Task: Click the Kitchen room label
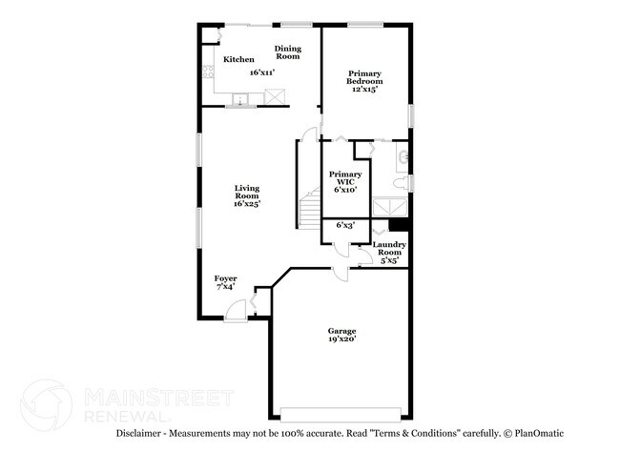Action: tap(238, 59)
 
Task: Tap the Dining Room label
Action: tap(288, 52)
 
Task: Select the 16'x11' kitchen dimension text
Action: tap(262, 72)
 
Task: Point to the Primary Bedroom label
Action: tap(364, 77)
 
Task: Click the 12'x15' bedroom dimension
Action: tap(364, 89)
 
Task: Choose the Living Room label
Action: tap(247, 192)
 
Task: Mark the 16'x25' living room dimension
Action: tap(247, 203)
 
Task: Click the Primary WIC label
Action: tap(345, 178)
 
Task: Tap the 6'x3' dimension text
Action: tap(345, 225)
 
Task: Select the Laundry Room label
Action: tap(389, 248)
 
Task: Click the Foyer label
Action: tap(226, 278)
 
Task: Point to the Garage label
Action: tap(342, 331)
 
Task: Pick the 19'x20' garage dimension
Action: tap(342, 338)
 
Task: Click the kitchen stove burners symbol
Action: tap(208, 72)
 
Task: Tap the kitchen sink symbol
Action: tap(240, 99)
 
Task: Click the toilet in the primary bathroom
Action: tap(402, 183)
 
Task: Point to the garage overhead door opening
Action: tap(341, 414)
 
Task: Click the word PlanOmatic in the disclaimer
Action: tap(539, 433)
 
